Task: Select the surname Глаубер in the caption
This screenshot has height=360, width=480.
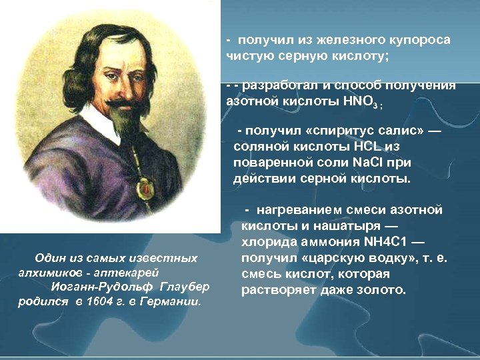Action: click(x=185, y=287)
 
